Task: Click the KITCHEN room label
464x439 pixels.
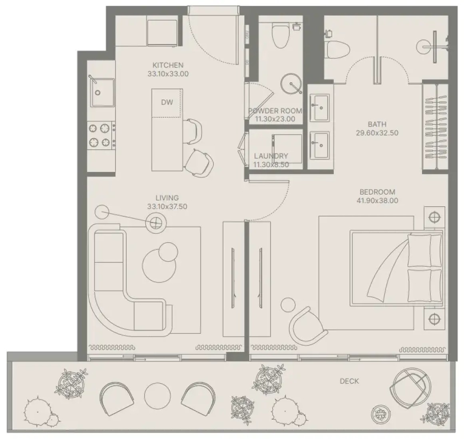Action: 168,65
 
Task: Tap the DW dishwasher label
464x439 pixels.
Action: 167,102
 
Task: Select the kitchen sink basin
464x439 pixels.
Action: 102,93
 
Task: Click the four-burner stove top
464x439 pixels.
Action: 101,136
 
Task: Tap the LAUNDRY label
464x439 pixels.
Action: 271,156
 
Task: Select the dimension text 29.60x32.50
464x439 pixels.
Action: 377,133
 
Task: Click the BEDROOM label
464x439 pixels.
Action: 377,192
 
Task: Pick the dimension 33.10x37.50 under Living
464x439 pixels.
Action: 167,206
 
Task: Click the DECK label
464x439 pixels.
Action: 349,381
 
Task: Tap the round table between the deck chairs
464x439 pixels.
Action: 157,395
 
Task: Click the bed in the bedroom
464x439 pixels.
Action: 396,268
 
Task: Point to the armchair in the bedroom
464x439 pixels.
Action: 308,326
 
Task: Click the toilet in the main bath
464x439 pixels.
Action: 337,50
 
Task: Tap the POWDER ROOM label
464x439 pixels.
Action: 275,111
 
